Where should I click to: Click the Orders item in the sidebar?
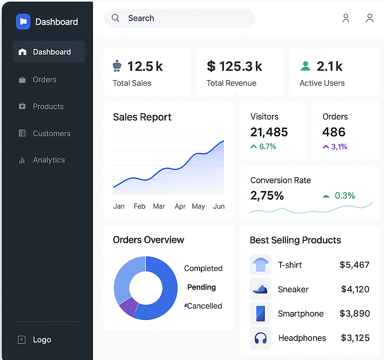click(44, 80)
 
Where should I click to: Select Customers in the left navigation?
click(51, 133)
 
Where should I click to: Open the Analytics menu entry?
click(49, 160)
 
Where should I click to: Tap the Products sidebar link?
click(48, 106)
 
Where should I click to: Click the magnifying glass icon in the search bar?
click(116, 18)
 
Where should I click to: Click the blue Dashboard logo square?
click(23, 22)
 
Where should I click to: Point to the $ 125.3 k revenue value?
click(234, 66)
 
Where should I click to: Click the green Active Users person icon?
click(306, 66)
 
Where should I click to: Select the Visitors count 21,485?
click(269, 132)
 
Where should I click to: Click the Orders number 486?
click(334, 132)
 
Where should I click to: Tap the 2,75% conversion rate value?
click(267, 196)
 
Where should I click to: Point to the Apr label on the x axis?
click(180, 206)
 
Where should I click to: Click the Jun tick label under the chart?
click(219, 206)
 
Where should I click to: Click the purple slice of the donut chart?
click(129, 306)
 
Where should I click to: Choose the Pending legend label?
click(201, 287)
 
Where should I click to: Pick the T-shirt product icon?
click(261, 265)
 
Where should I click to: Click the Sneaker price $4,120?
click(355, 289)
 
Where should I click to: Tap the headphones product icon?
click(261, 338)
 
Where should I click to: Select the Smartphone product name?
click(300, 313)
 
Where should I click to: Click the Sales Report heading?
click(142, 117)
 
